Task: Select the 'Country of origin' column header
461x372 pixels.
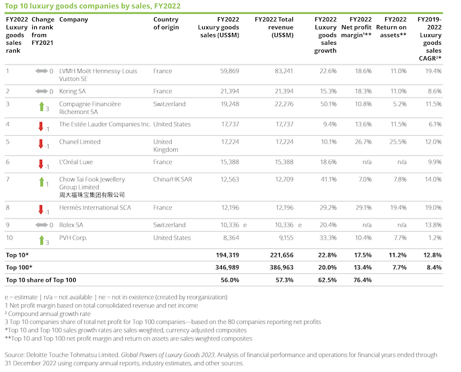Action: click(166, 24)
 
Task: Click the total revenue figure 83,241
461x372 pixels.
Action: click(281, 70)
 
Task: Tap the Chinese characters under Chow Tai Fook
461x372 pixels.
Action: click(92, 195)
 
